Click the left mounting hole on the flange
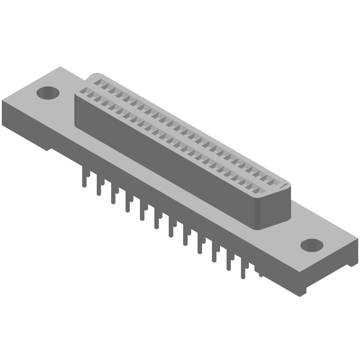pos(47,93)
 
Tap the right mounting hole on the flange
pos(311,245)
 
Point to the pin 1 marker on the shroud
pos(283,184)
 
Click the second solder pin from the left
pos(98,186)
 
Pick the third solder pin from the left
pos(112,195)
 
